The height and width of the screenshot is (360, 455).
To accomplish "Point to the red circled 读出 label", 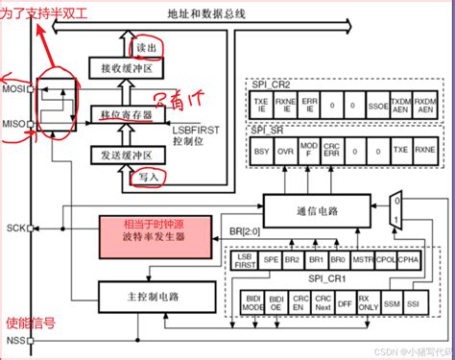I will point(146,48).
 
